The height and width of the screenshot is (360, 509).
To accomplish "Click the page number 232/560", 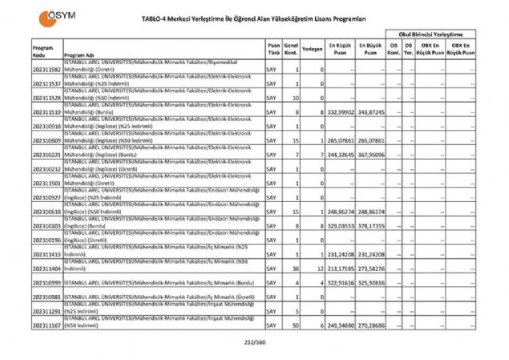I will coord(254,343).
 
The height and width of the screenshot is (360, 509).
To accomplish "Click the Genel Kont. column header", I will coord(291,48).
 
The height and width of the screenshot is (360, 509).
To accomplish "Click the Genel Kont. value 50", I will coord(296,326).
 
